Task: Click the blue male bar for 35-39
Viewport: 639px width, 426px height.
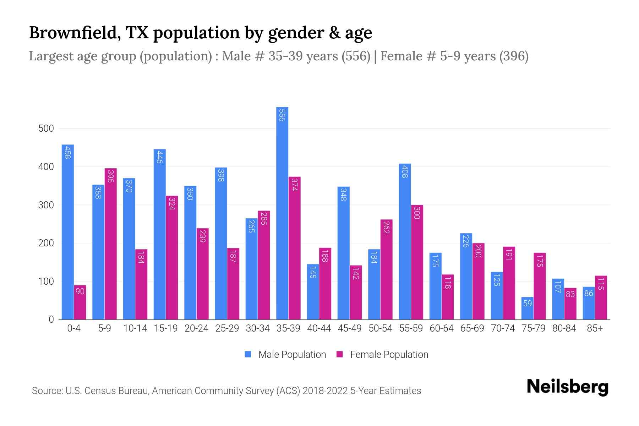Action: (282, 213)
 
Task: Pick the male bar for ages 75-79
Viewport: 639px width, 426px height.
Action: (527, 308)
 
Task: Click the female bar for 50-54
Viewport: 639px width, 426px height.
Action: (386, 270)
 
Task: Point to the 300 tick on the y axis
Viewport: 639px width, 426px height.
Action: (46, 205)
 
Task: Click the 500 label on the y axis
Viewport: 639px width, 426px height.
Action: (46, 129)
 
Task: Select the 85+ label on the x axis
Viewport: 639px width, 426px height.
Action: (595, 328)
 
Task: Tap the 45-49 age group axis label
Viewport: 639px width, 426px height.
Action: (349, 328)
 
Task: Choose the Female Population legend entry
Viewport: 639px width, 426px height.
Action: (389, 355)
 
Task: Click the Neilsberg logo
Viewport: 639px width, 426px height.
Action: (567, 387)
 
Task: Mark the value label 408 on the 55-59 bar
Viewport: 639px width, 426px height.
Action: (405, 171)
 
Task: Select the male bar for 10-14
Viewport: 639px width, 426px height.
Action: (129, 248)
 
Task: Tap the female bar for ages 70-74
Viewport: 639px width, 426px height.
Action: (509, 283)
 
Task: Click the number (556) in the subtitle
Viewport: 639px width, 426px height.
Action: (356, 56)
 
